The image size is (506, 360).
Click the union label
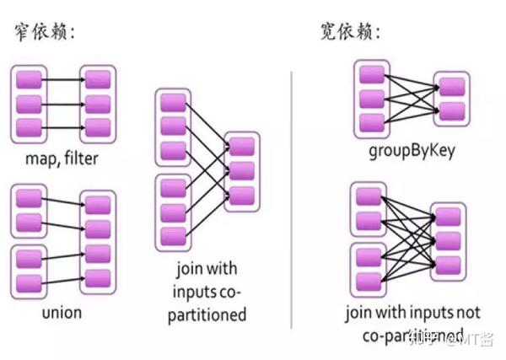(62, 312)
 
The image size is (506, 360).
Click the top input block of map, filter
(30, 81)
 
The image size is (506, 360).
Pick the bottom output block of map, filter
(98, 126)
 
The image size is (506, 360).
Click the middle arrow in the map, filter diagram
(63, 104)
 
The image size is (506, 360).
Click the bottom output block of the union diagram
(98, 277)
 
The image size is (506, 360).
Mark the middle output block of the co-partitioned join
(241, 171)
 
